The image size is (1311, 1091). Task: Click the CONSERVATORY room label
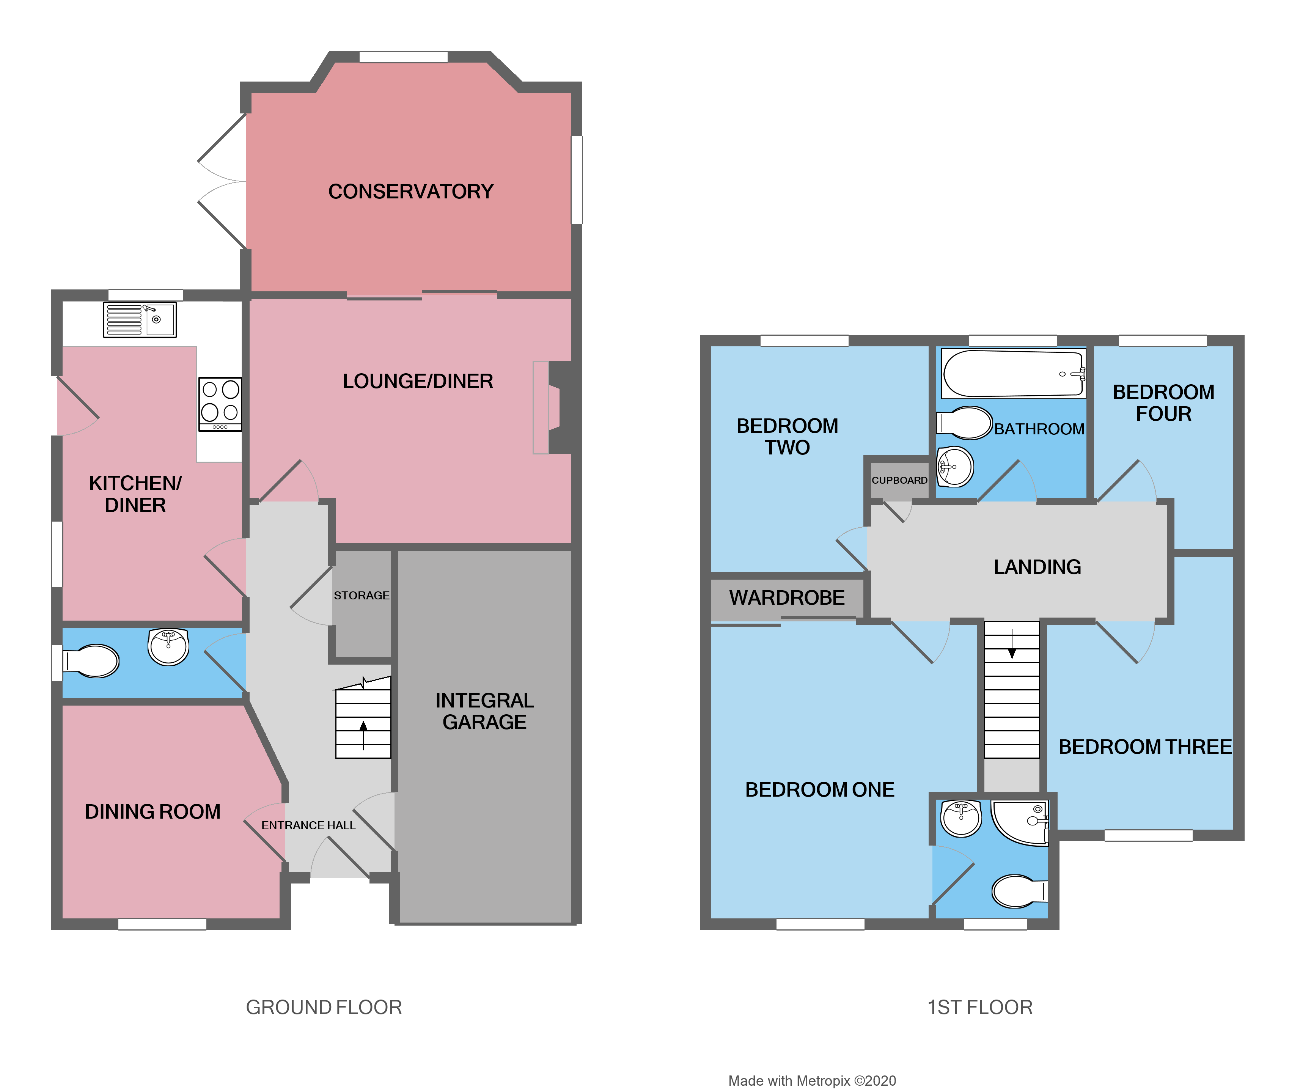point(411,192)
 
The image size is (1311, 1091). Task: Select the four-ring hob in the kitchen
point(220,404)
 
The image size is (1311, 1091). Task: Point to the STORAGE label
point(362,596)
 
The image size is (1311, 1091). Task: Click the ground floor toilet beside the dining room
point(91,661)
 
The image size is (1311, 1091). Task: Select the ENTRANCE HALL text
point(308,825)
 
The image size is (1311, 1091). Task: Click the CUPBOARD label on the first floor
point(899,480)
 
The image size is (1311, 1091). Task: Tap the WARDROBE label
point(787,597)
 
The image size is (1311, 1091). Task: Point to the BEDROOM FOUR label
point(1163,402)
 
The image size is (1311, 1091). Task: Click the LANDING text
point(1037,567)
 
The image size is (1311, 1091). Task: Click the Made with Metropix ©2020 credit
point(811,1080)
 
